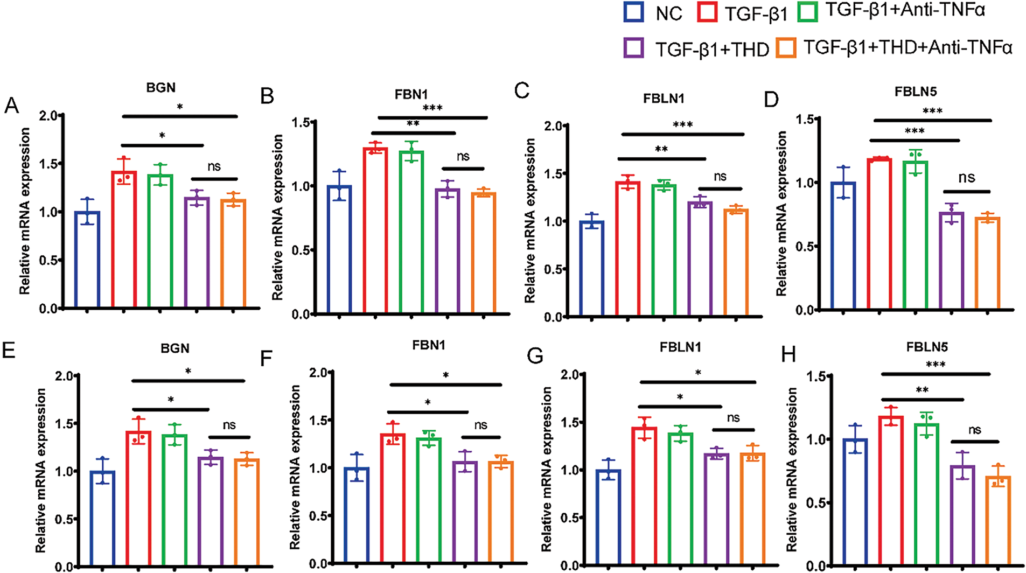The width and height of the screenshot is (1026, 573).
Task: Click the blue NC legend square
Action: click(634, 12)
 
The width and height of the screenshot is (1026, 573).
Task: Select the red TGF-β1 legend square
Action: click(707, 12)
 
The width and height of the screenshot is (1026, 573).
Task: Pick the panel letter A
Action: click(11, 106)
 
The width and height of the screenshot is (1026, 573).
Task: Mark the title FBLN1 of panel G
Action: click(680, 347)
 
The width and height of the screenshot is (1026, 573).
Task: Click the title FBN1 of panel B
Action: click(411, 95)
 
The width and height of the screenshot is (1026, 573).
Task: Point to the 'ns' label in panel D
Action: click(967, 178)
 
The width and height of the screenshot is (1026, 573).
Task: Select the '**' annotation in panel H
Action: click(922, 389)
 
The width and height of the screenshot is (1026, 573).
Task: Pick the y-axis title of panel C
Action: click(530, 221)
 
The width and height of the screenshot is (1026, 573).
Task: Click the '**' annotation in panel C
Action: click(661, 149)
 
